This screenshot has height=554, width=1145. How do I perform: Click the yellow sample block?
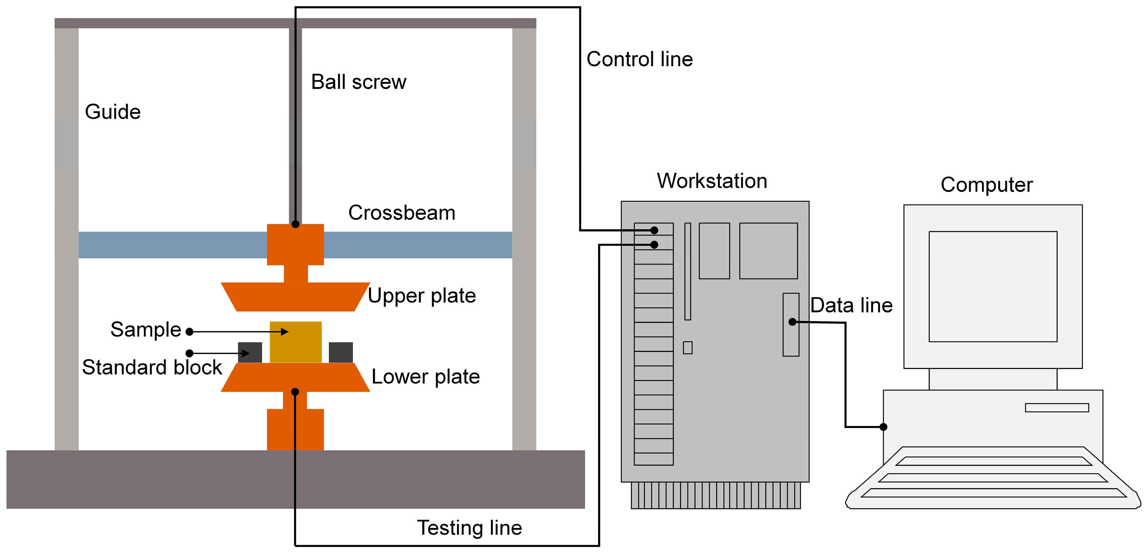[x=296, y=342]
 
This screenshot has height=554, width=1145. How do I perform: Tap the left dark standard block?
[x=250, y=352]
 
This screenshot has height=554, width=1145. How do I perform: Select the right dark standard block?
[x=341, y=352]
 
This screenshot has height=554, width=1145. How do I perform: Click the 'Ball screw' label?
[x=358, y=82]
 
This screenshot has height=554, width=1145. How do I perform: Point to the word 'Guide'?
[x=112, y=112]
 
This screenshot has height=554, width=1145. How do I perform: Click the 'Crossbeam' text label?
[x=401, y=213]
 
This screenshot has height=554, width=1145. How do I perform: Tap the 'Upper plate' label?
[x=421, y=296]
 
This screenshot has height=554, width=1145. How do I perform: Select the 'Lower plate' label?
[x=425, y=377]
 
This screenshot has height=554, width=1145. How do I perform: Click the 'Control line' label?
[x=639, y=59]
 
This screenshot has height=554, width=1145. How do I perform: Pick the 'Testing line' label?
[x=469, y=528]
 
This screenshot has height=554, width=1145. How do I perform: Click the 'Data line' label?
[x=851, y=306]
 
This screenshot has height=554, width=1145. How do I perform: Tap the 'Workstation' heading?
[x=712, y=181]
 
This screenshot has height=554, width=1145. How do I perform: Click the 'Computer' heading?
[x=986, y=184]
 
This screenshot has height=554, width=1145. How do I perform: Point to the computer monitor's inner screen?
[x=993, y=286]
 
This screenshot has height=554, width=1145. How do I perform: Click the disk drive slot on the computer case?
[x=1057, y=408]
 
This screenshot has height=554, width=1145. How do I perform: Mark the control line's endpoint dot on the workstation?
[x=654, y=230]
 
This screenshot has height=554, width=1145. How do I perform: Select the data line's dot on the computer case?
[x=884, y=427]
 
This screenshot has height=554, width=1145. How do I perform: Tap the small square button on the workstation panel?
[x=688, y=348]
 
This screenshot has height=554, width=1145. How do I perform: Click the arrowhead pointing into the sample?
[x=285, y=332]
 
